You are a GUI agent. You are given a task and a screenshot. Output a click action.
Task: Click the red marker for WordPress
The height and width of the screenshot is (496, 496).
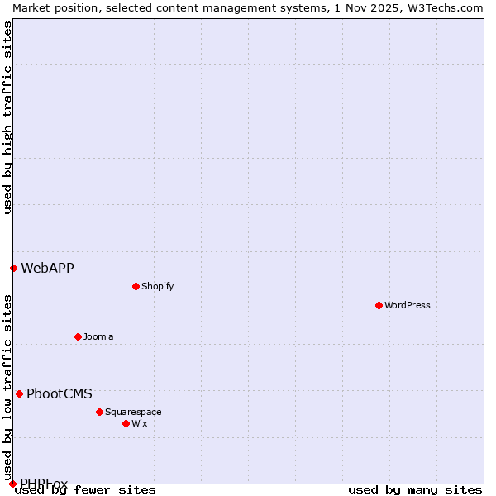tap(379, 305)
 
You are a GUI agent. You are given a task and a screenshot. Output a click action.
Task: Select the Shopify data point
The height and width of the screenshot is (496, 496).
tap(136, 286)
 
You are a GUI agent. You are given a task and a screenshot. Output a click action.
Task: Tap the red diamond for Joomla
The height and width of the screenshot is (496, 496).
tap(78, 336)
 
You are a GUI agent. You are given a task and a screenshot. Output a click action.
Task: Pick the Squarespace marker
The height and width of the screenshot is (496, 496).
tap(99, 412)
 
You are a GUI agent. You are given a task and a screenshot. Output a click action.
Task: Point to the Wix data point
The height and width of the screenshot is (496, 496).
tap(126, 423)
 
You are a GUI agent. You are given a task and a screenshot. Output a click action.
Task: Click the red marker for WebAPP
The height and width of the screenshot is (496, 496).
tap(13, 268)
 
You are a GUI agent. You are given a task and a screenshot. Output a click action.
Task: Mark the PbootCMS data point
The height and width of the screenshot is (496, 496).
tap(19, 393)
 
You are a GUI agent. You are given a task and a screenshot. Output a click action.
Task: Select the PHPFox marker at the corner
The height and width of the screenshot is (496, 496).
tap(12, 484)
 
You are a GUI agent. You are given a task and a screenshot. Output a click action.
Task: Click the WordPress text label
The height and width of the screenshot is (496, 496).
tap(408, 305)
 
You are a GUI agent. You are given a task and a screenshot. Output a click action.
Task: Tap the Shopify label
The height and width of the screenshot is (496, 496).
tap(158, 286)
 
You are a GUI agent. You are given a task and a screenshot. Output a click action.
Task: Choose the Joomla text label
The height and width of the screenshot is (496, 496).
tap(98, 336)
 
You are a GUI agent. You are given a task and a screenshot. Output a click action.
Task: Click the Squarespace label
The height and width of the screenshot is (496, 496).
tap(133, 412)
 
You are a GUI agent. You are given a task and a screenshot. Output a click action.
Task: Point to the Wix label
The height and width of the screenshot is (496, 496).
tap(140, 423)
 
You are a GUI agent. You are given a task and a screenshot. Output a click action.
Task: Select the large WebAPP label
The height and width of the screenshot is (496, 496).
tap(47, 268)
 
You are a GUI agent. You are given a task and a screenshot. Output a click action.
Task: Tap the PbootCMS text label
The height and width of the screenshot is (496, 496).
tap(60, 393)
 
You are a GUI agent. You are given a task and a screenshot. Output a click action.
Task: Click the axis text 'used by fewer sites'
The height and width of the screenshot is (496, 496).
tap(85, 490)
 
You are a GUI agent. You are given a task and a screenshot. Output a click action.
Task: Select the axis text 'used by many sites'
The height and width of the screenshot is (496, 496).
tap(415, 490)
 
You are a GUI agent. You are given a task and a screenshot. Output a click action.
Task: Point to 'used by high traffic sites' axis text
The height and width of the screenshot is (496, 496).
tap(7, 117)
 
